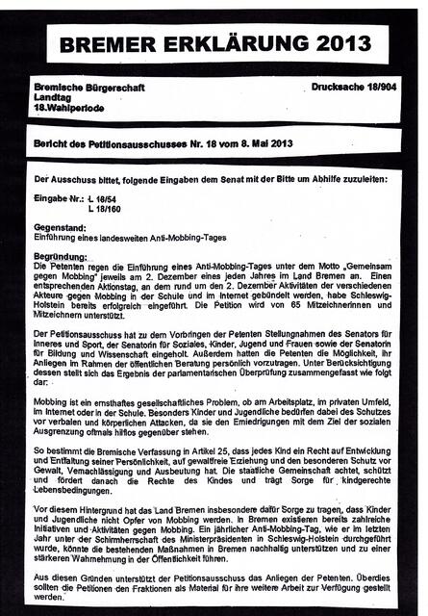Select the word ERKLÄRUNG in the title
point(224,43)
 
